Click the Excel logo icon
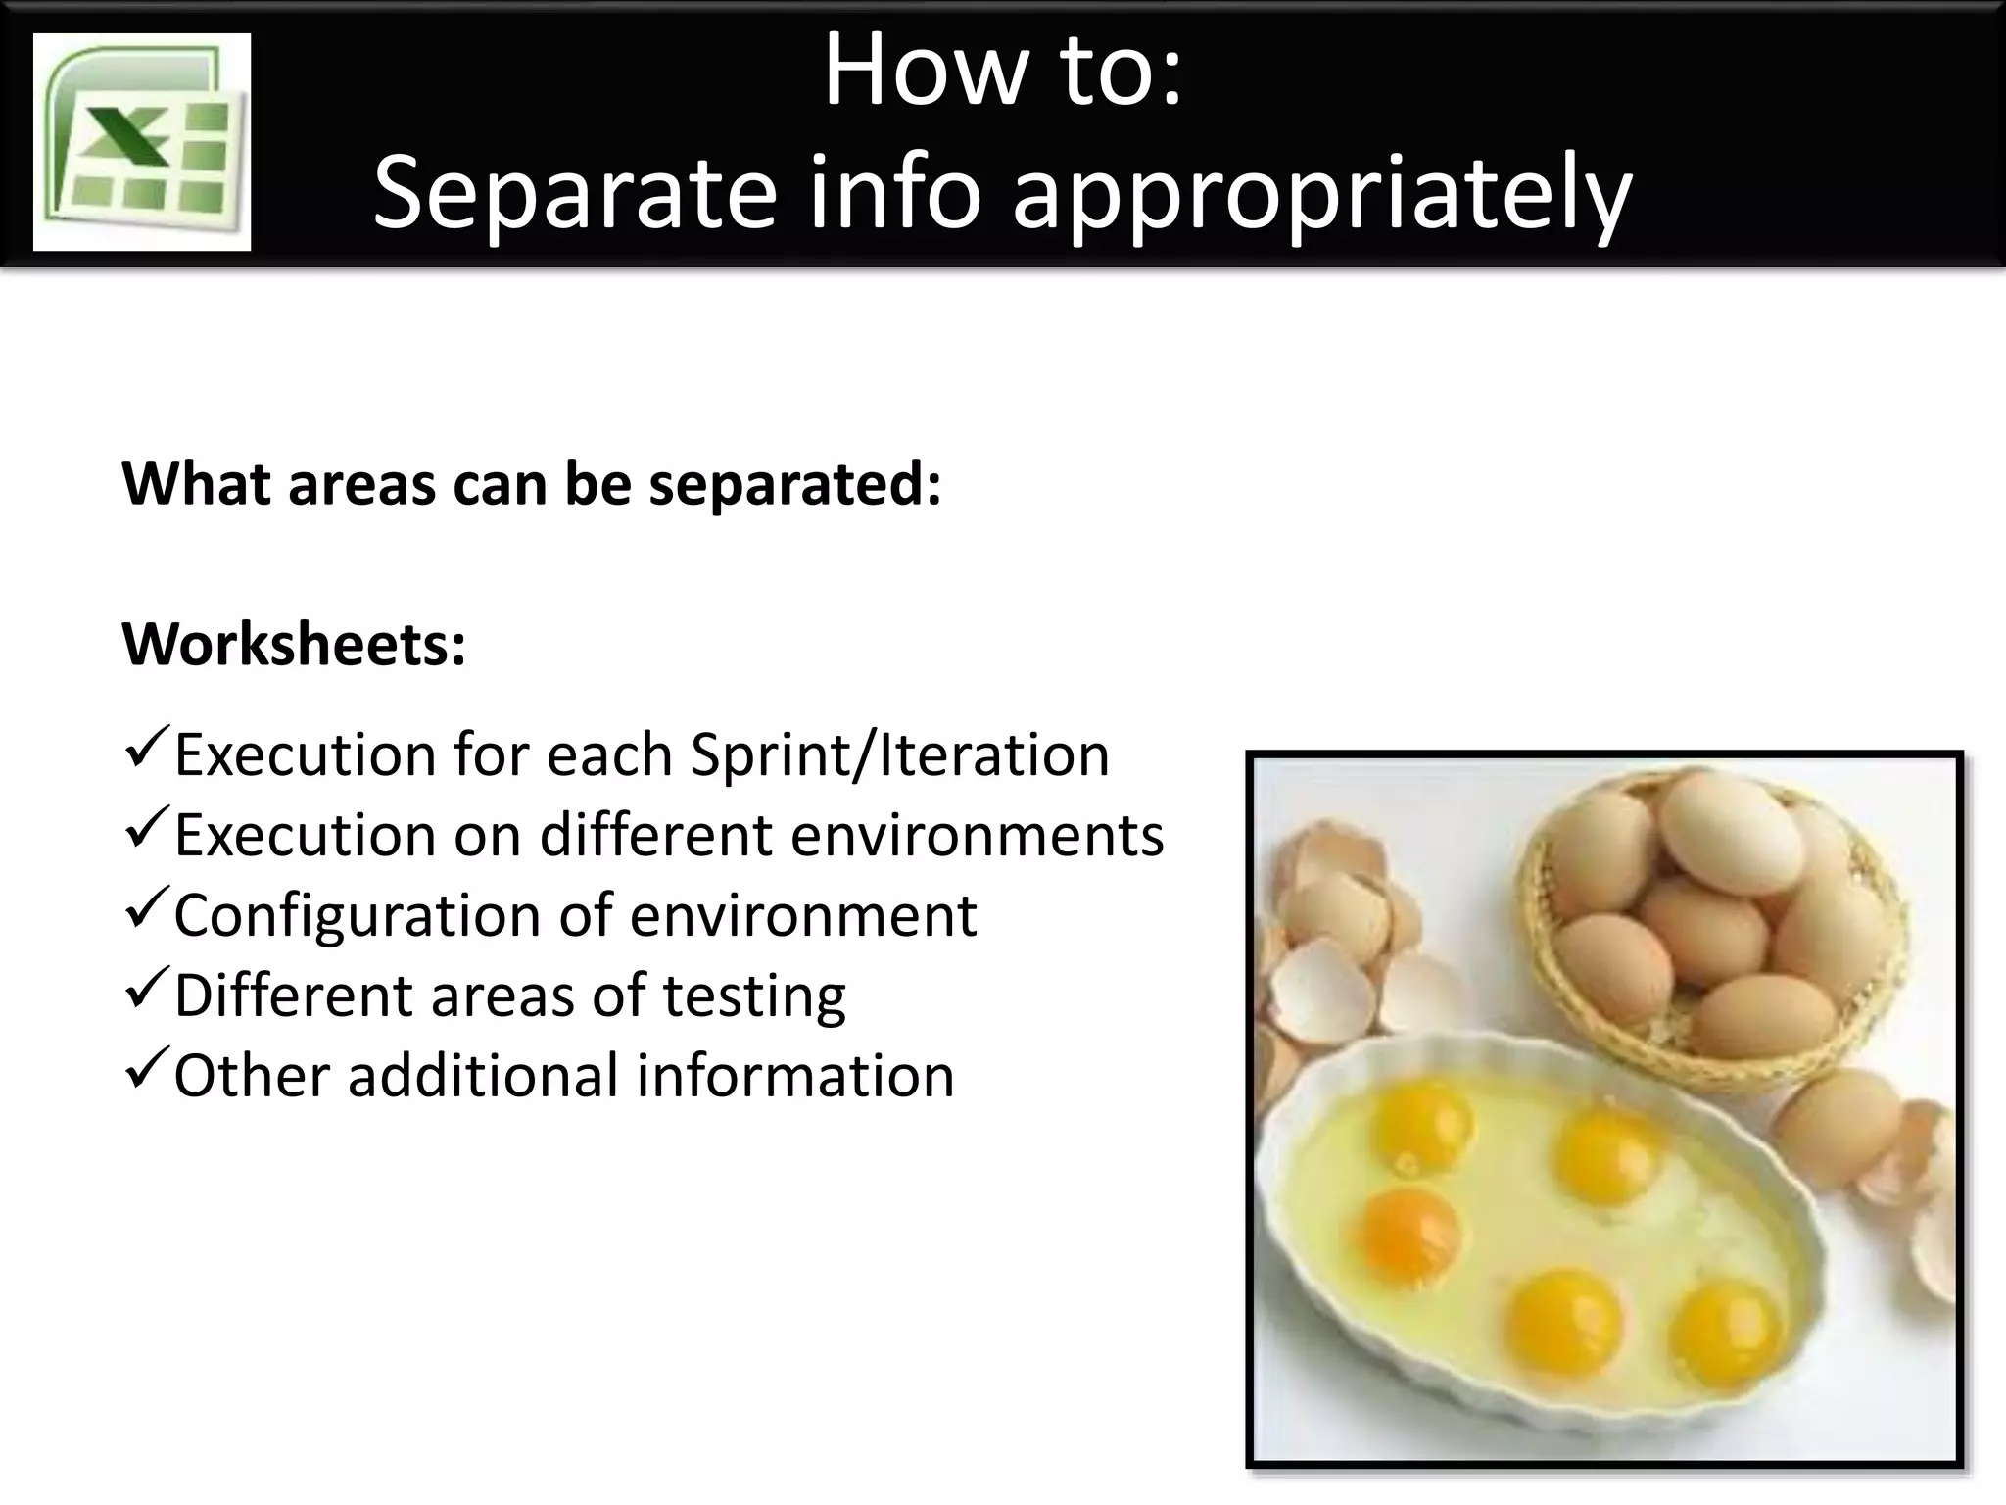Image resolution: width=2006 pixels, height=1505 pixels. click(142, 142)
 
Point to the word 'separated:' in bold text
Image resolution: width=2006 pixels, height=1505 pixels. click(794, 484)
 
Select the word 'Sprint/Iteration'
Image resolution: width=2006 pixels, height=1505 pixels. click(899, 755)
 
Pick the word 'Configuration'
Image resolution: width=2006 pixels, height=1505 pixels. click(355, 916)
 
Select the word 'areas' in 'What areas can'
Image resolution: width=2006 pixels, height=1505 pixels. click(361, 484)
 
